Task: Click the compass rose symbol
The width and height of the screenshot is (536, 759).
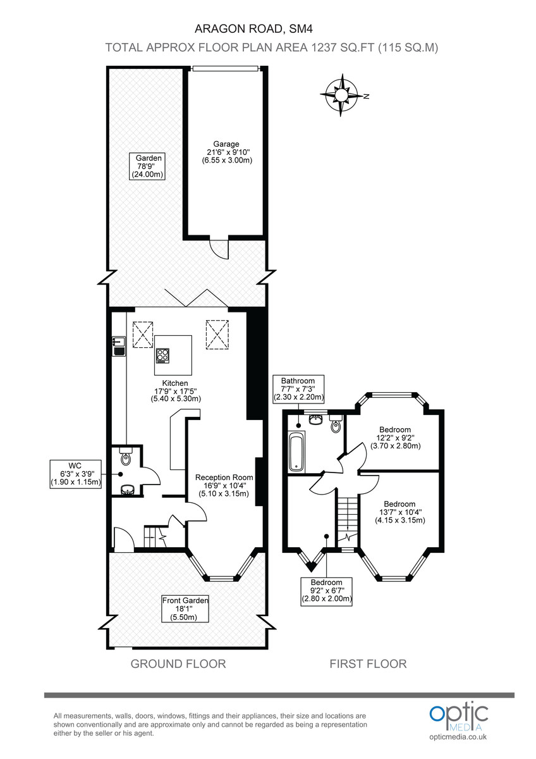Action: [341, 96]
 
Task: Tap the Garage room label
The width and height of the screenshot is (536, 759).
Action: [226, 152]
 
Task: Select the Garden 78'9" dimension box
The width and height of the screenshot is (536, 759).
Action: [147, 166]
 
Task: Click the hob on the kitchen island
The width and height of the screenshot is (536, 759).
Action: [163, 356]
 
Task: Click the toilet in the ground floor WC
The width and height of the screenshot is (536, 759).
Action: [125, 458]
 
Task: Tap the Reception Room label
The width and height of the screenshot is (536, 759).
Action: [224, 485]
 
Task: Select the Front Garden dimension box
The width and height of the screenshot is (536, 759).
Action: [185, 608]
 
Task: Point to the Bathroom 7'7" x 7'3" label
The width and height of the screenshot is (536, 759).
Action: [298, 389]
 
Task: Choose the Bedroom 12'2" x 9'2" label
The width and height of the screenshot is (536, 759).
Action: [394, 437]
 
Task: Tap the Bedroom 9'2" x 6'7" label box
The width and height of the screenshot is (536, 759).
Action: [326, 590]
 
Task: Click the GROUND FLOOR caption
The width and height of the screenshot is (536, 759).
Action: [178, 663]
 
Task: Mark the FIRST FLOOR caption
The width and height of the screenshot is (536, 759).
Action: [368, 663]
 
